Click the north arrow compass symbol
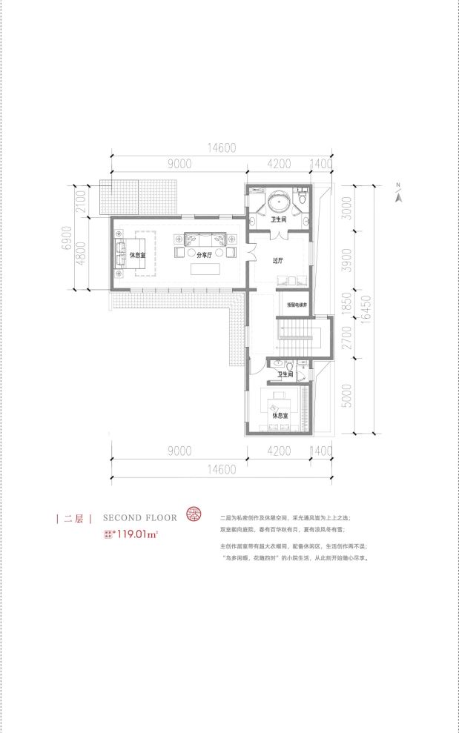[398, 193]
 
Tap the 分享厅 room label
[204, 254]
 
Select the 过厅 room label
[278, 260]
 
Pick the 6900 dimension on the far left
[65, 238]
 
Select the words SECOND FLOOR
[140, 518]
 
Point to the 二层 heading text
[73, 519]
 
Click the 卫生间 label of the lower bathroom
[285, 375]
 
